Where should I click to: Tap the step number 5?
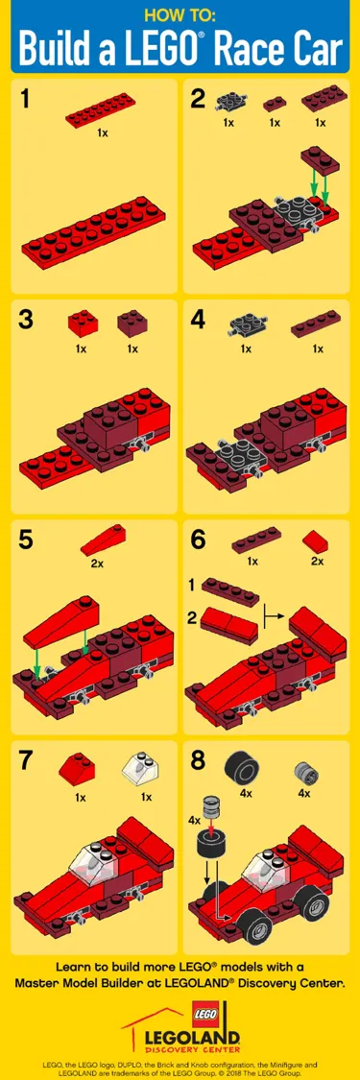(27, 540)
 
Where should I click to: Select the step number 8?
(199, 760)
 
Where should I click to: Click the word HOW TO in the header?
(180, 14)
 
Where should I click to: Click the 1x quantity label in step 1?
(102, 133)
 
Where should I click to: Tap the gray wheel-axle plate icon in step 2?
(228, 103)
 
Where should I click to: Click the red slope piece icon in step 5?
(97, 543)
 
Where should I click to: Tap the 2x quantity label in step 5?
(97, 564)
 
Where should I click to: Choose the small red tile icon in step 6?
(316, 541)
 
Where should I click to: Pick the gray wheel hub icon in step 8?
(304, 770)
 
